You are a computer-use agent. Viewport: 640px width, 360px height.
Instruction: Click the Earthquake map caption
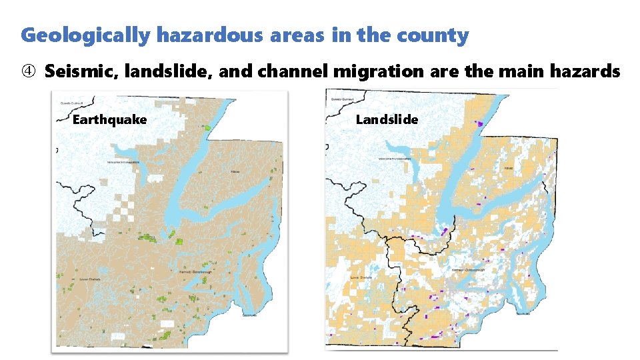(x=109, y=120)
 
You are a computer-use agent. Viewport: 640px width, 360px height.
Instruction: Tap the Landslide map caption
(x=387, y=120)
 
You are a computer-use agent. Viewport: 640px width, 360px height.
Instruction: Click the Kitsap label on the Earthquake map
(x=235, y=171)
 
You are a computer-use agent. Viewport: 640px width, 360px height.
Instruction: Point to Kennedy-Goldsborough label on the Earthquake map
(x=194, y=273)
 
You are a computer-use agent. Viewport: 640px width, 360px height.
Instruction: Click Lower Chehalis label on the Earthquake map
(x=89, y=279)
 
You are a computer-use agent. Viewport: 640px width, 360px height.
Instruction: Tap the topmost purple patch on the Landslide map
(x=480, y=123)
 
